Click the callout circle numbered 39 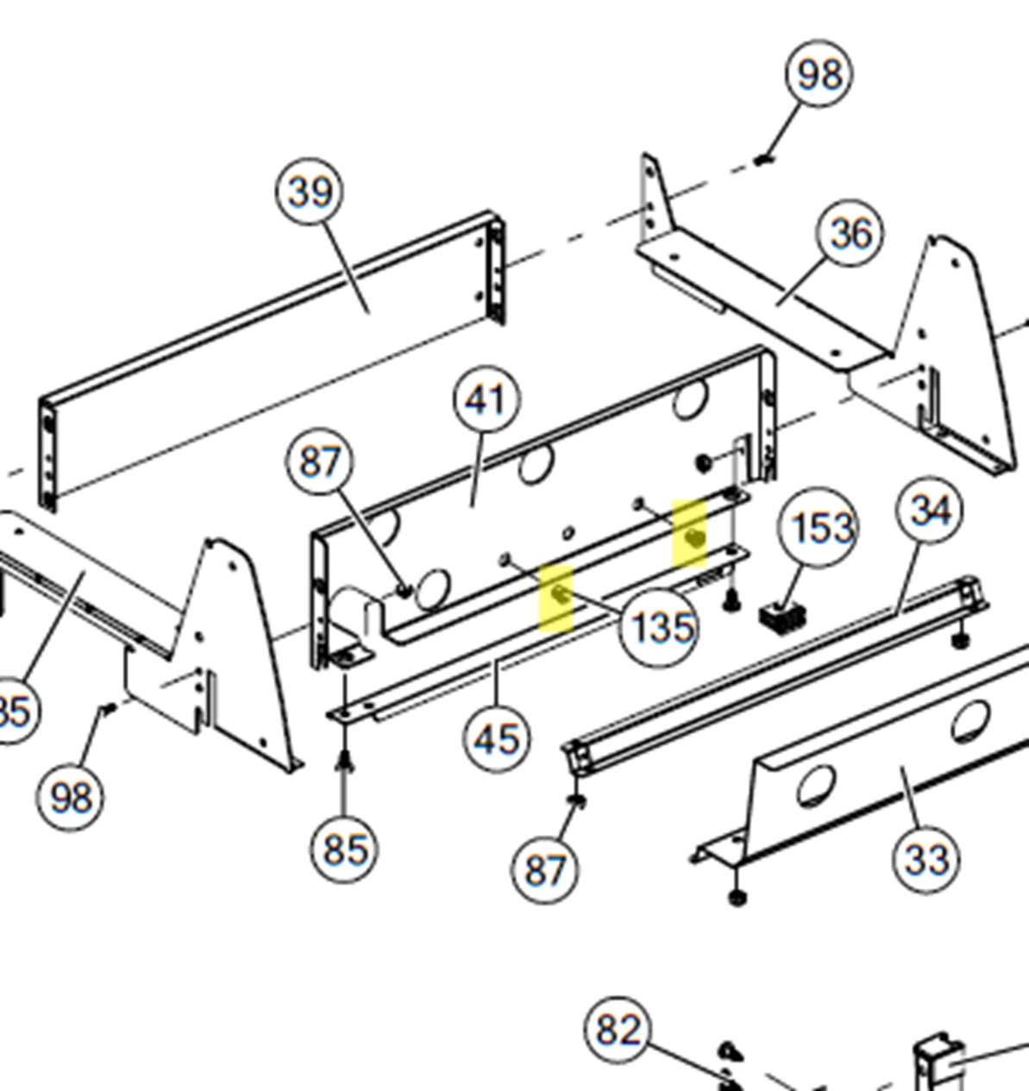[310, 191]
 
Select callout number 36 [850, 234]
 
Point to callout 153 [817, 527]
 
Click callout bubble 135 [659, 628]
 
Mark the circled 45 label [497, 740]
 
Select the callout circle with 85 [344, 850]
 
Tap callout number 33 [927, 859]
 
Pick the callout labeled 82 [619, 1030]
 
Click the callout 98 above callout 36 [819, 74]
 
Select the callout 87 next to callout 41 [320, 463]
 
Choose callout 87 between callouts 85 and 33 [544, 870]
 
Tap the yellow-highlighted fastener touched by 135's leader [558, 593]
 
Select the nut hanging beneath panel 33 [736, 898]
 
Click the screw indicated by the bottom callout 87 [578, 801]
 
